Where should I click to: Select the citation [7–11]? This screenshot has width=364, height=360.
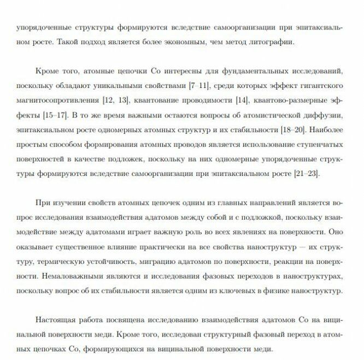(201, 86)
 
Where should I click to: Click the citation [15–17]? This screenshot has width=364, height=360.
(55, 115)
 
